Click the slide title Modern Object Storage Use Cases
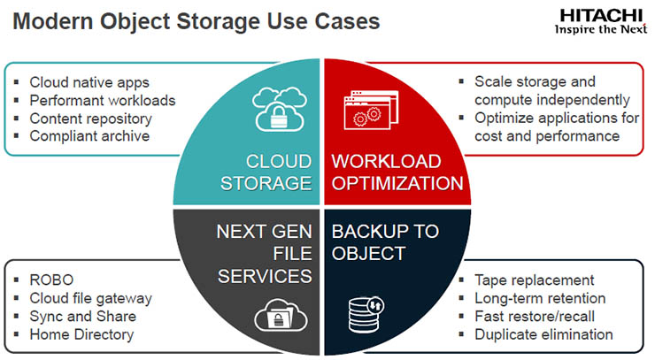[196, 20]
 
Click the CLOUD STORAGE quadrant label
[279, 172]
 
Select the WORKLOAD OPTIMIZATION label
[397, 172]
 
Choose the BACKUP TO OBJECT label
[384, 242]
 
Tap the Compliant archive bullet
[89, 135]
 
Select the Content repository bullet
[90, 118]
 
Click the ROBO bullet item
[50, 280]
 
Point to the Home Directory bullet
[81, 334]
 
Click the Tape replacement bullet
[534, 280]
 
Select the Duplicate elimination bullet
[543, 334]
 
